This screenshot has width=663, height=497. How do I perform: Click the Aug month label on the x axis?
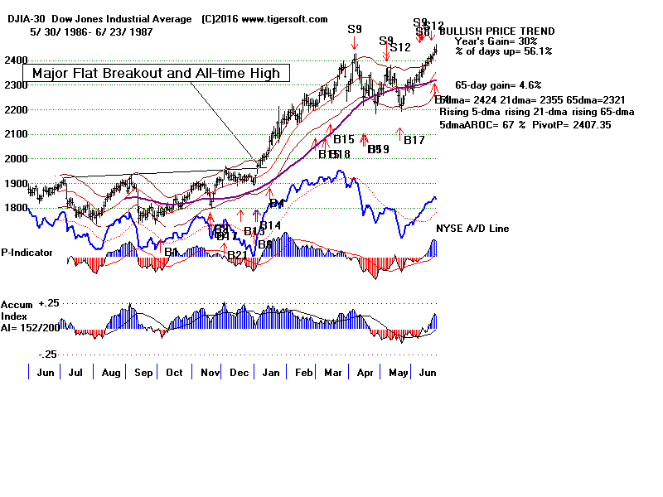tap(110, 373)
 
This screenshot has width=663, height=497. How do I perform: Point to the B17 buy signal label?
tap(414, 140)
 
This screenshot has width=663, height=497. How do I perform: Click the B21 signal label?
tap(237, 254)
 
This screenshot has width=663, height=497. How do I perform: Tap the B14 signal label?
tap(271, 225)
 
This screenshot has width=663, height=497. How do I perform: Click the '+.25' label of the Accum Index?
tap(50, 304)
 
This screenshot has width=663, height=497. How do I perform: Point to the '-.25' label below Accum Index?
tap(47, 354)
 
